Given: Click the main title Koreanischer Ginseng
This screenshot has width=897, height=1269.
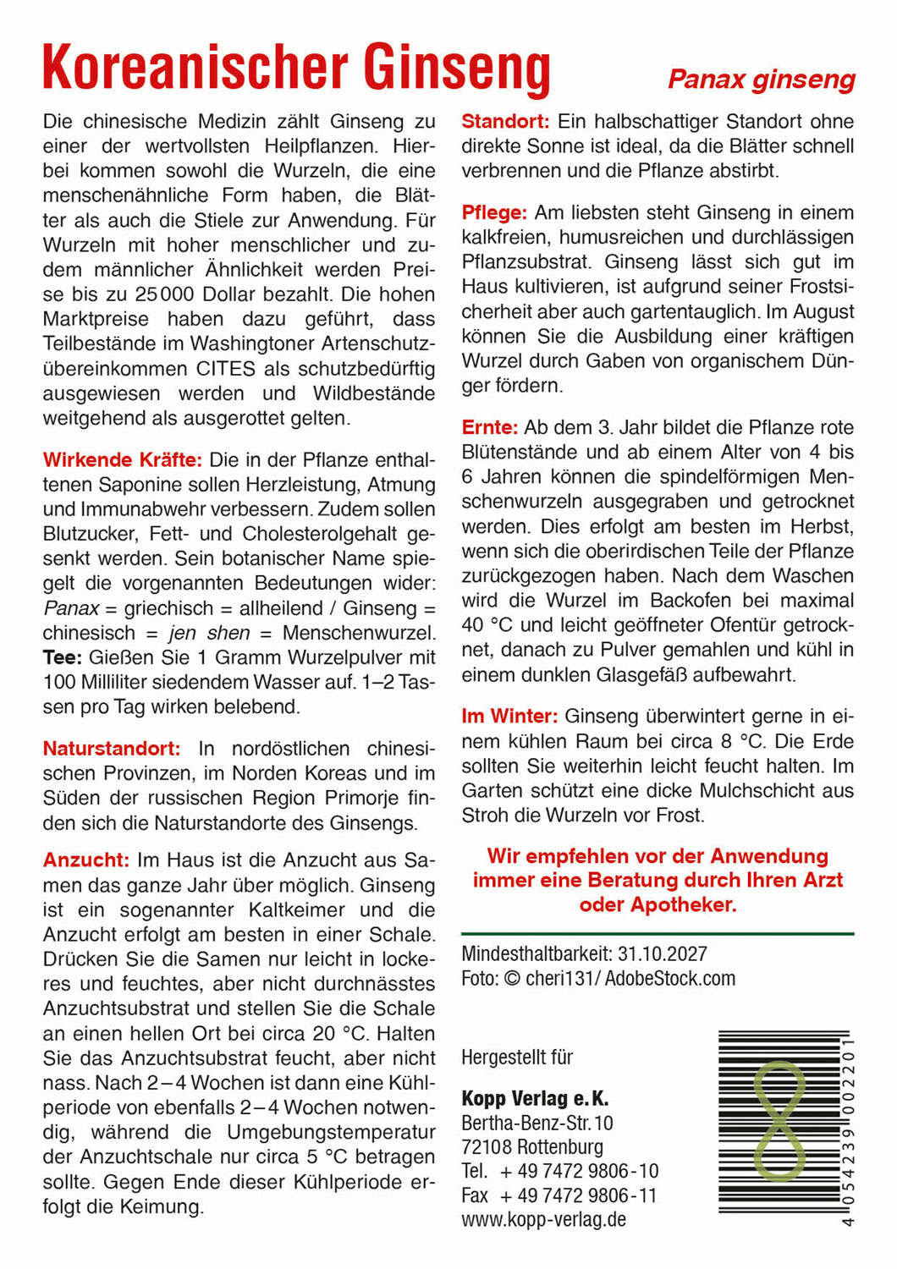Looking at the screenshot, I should [x=296, y=68].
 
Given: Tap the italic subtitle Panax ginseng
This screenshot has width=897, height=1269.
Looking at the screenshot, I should [x=761, y=80].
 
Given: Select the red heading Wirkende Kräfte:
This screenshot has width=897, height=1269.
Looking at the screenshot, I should [x=123, y=460].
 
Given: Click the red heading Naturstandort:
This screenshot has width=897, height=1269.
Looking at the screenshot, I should [x=112, y=749].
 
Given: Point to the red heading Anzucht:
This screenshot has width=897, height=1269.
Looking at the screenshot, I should [x=86, y=860].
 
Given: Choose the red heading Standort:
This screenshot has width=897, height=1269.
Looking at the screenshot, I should [x=505, y=121].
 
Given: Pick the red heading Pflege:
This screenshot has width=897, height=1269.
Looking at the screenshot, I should [x=494, y=212].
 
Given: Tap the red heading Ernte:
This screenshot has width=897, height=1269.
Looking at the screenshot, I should [x=490, y=427].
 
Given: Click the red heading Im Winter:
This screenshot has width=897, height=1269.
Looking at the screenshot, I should [x=509, y=717].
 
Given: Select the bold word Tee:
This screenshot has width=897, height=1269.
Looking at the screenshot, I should [x=62, y=657].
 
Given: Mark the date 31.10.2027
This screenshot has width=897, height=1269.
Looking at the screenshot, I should [x=662, y=954].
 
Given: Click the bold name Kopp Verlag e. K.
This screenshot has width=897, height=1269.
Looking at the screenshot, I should [x=535, y=1099].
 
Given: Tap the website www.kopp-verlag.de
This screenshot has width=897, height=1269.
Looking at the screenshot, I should [x=543, y=1220].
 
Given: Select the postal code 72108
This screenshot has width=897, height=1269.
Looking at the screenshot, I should [x=486, y=1147].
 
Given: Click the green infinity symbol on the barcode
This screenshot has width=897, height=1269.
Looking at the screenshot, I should [x=779, y=1121].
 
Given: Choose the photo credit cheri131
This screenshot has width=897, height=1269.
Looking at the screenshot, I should [x=562, y=979].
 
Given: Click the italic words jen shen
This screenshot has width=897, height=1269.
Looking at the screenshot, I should [x=210, y=633].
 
